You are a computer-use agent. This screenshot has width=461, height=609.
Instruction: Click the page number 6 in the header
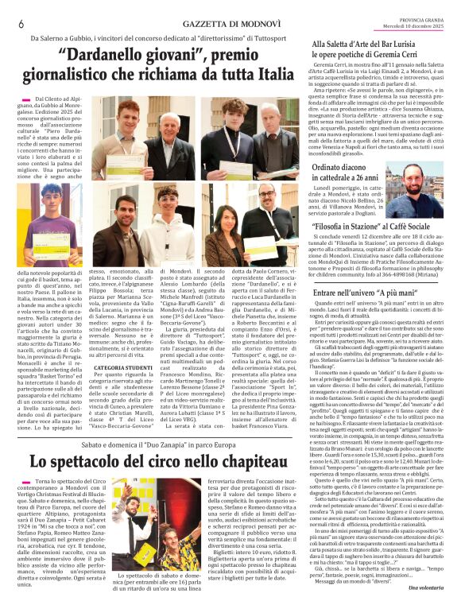(19, 24)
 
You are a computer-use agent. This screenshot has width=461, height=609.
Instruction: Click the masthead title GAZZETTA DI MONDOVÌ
(230, 24)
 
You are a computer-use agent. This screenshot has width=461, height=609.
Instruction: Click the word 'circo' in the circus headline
(173, 460)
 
